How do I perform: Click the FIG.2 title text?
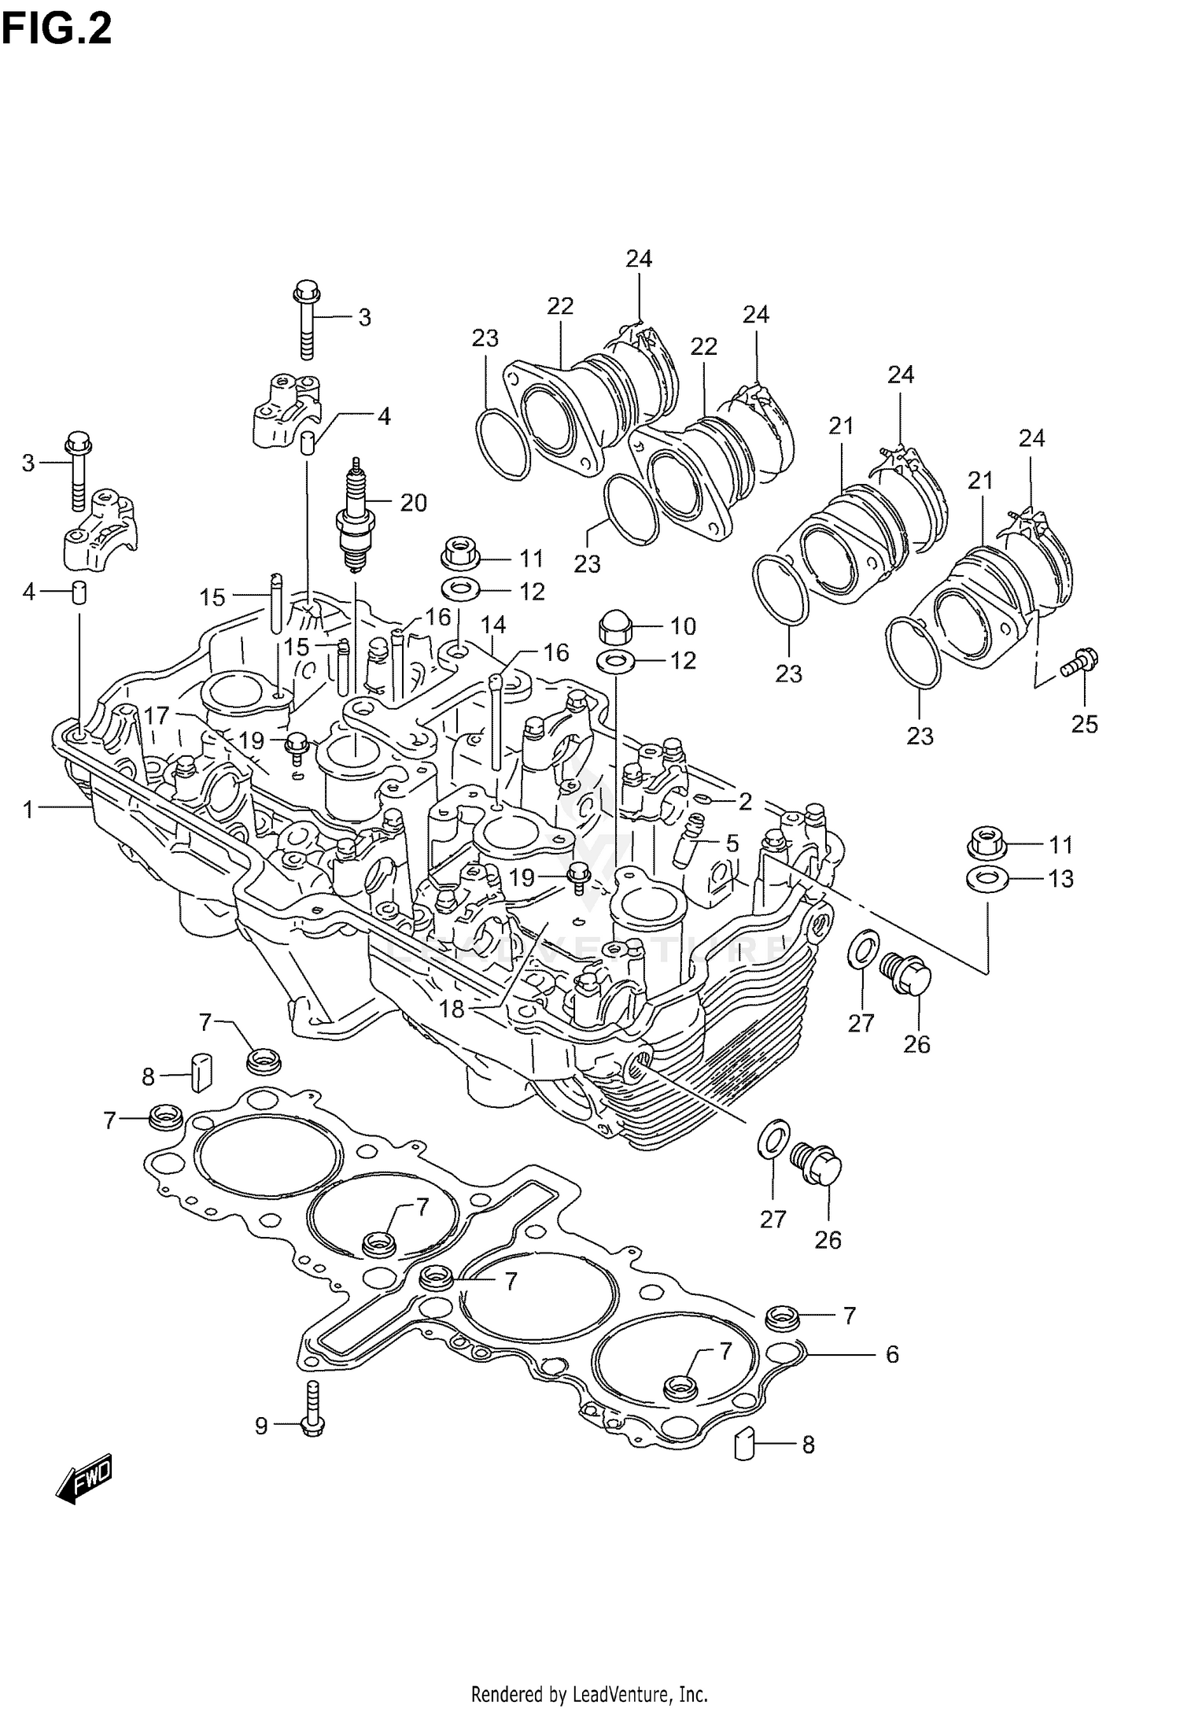point(57,29)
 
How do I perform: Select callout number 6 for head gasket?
point(891,1354)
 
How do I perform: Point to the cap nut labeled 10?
point(614,626)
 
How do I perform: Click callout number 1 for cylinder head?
point(29,809)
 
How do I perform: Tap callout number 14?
point(493,625)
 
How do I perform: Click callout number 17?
point(157,715)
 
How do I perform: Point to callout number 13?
point(1060,878)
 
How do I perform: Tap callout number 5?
point(732,843)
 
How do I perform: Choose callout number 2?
point(745,802)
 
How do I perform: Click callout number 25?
point(1084,723)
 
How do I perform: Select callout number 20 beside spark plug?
point(413,502)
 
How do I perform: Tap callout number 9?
point(261,1425)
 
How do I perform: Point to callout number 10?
point(683,626)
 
